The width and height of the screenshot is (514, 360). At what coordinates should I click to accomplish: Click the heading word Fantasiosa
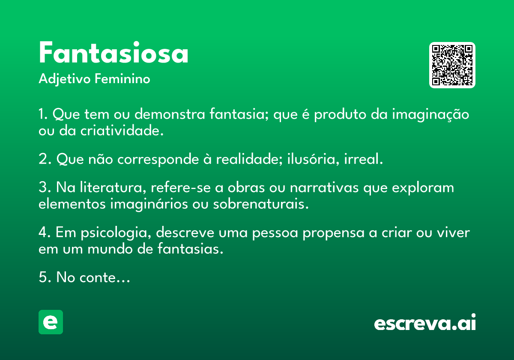(x=114, y=52)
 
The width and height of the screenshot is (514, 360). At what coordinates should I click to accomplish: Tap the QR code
(x=452, y=65)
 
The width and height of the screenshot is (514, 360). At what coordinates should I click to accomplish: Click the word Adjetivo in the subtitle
(x=65, y=79)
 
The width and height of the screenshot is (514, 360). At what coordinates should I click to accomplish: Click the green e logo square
(x=51, y=322)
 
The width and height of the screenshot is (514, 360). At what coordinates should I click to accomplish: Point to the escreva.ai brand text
(x=425, y=322)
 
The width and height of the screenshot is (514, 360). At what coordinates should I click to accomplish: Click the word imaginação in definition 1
(x=430, y=115)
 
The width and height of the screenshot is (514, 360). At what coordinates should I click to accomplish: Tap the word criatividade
(x=122, y=131)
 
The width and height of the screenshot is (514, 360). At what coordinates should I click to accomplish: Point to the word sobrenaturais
(x=261, y=204)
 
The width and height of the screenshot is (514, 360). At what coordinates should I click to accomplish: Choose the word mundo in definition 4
(x=110, y=249)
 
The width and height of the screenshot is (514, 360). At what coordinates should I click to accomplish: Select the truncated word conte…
(x=105, y=278)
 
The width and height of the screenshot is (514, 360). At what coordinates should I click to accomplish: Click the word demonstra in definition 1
(x=170, y=114)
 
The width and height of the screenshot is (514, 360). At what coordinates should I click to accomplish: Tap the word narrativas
(x=324, y=188)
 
